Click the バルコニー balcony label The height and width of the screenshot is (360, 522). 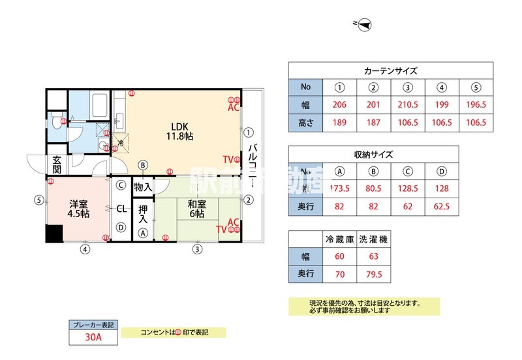click(252, 164)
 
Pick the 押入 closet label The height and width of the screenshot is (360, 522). click(142, 215)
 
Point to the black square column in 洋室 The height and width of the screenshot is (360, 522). click(54, 233)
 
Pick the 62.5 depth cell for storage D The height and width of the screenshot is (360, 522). click(441, 206)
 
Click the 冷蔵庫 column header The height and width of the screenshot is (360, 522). click(339, 239)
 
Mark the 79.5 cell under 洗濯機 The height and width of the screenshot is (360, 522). click(373, 274)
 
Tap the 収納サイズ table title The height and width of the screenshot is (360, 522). click(373, 155)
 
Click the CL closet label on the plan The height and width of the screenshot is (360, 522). click(121, 209)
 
